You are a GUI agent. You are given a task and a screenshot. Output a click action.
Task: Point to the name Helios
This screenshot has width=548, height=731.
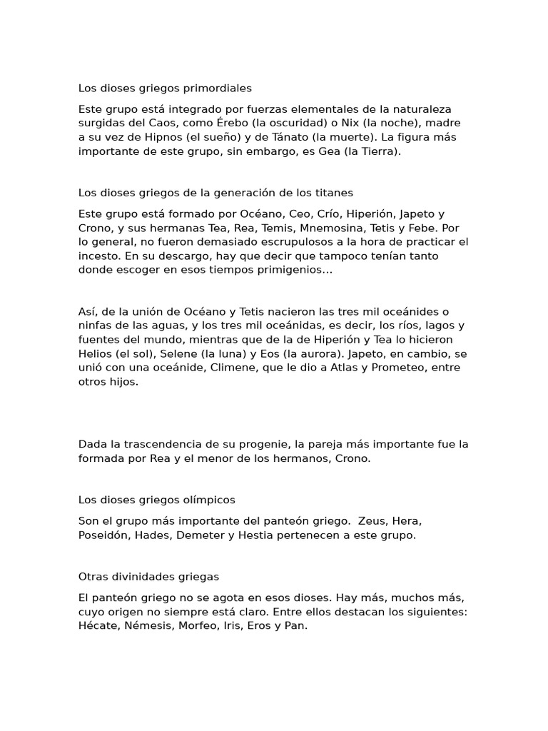tap(95, 354)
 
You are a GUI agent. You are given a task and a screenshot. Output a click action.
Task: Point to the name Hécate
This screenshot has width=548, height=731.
tap(98, 625)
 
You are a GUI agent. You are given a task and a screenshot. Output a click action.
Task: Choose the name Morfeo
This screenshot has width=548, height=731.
tap(201, 625)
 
